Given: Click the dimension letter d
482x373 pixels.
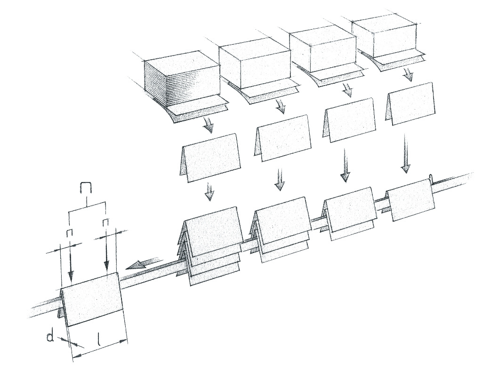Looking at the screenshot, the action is point(50,337).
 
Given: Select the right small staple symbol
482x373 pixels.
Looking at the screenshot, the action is point(106,222).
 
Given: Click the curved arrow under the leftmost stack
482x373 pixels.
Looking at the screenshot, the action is point(208,126).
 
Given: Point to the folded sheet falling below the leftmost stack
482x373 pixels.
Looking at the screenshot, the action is point(209,158).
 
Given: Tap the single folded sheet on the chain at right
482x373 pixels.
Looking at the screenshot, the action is point(410,203).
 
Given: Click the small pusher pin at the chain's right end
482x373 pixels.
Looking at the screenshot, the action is point(431,178).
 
